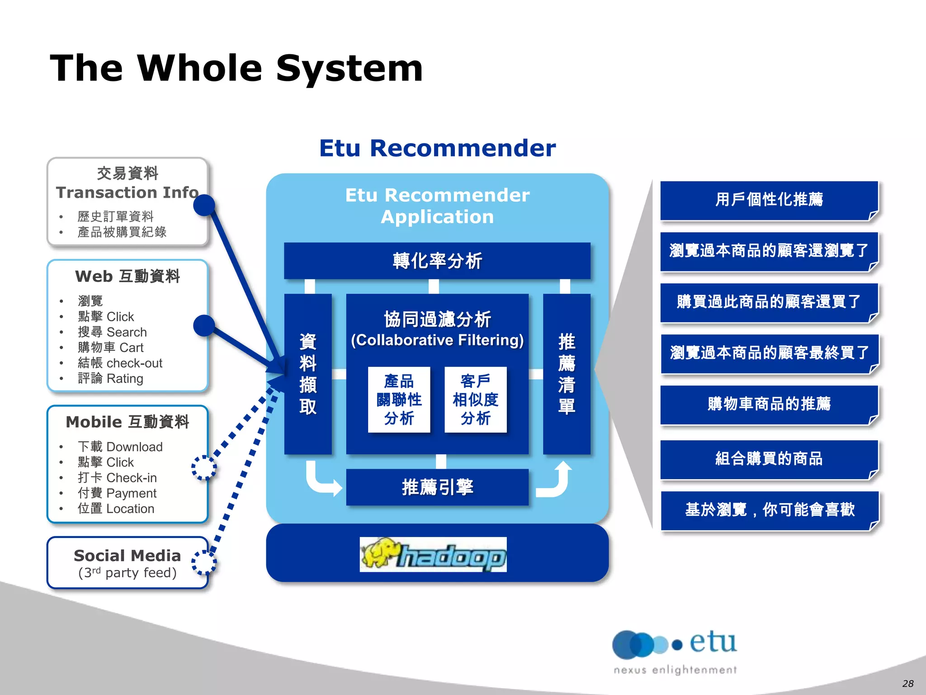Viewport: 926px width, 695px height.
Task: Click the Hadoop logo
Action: pos(433,554)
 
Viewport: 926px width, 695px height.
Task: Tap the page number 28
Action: pos(907,683)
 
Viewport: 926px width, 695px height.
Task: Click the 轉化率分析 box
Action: pos(437,261)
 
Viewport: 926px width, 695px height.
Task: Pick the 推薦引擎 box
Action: pos(437,487)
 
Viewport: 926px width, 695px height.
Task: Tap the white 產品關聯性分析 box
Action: pos(399,400)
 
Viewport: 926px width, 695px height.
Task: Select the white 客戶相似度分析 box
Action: pos(475,400)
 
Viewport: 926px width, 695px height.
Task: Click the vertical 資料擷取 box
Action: pos(308,374)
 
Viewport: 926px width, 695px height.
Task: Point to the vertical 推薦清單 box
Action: pos(567,374)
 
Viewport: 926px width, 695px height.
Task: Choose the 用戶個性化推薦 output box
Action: pos(769,200)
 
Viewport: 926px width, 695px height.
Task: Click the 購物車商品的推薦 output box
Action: pos(769,404)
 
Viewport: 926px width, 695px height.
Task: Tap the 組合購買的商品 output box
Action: pos(769,459)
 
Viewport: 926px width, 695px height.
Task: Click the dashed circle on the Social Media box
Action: pos(204,562)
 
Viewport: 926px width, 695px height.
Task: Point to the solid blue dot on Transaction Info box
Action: pos(204,205)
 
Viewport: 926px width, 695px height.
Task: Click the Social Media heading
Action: pos(127,556)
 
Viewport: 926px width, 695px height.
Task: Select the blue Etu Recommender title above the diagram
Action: pos(437,148)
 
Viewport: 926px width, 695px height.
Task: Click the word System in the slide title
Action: pos(350,69)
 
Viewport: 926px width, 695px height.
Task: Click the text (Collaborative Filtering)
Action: pos(437,340)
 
